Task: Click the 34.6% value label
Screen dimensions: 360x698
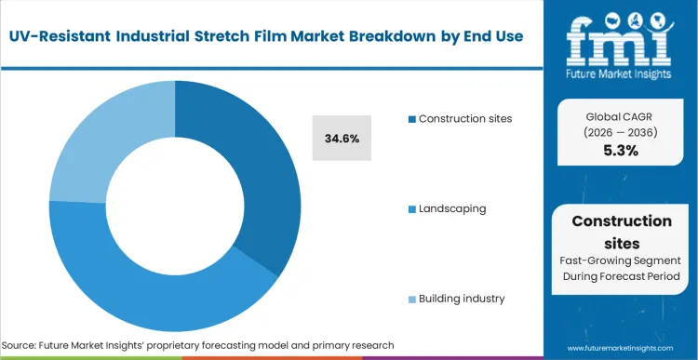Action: point(342,138)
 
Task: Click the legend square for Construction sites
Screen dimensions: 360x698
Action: point(411,119)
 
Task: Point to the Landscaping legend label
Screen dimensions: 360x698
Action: point(452,208)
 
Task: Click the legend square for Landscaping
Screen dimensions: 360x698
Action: point(411,208)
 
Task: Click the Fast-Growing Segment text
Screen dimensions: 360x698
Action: point(622,261)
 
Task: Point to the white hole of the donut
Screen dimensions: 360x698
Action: point(175,201)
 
